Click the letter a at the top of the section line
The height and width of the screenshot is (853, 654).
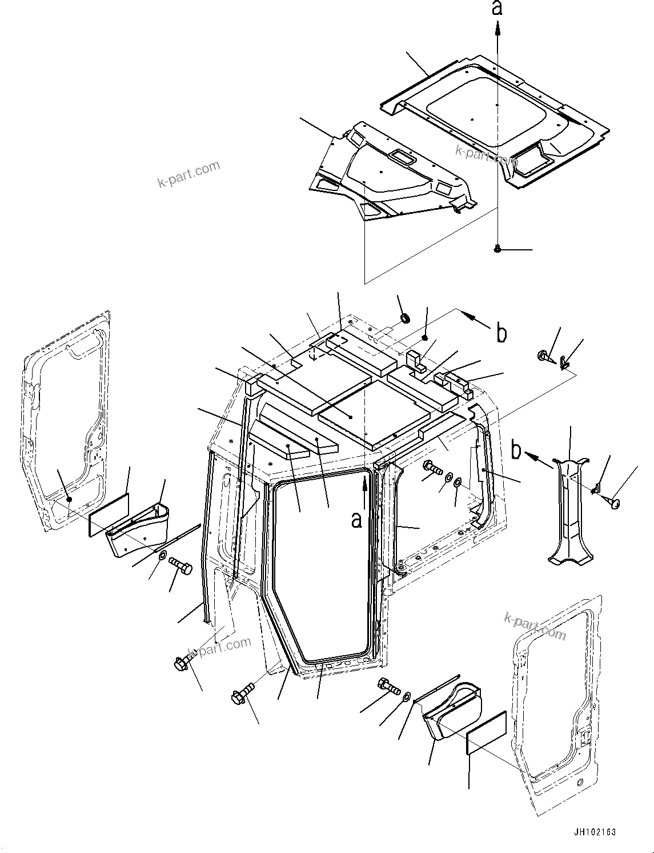(497, 9)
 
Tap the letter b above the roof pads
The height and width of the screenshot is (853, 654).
(501, 333)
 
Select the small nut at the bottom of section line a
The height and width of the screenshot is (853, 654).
(497, 249)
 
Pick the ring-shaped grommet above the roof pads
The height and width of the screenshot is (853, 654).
(406, 318)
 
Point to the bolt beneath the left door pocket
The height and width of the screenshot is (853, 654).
(181, 567)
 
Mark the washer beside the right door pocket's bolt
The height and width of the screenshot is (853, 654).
(406, 696)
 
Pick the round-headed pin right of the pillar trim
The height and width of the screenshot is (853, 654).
(613, 503)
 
